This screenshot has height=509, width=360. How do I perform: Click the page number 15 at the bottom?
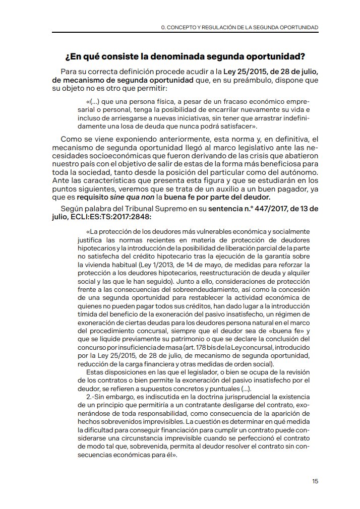(315, 481)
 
